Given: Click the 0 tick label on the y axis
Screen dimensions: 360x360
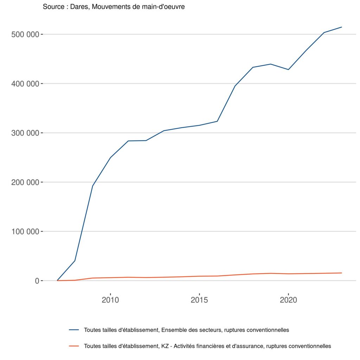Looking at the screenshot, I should [36, 281].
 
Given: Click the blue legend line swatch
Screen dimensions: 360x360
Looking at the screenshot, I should [73, 330].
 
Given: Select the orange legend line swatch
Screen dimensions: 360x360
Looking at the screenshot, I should [73, 346].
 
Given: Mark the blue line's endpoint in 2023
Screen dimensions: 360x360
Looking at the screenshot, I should [341, 27].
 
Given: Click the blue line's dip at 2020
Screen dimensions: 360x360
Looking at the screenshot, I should [288, 70].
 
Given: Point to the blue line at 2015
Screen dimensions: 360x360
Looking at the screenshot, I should [199, 125].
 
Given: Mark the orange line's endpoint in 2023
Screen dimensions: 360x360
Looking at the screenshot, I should [341, 273].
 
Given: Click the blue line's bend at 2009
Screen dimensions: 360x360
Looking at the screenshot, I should [92, 186].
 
